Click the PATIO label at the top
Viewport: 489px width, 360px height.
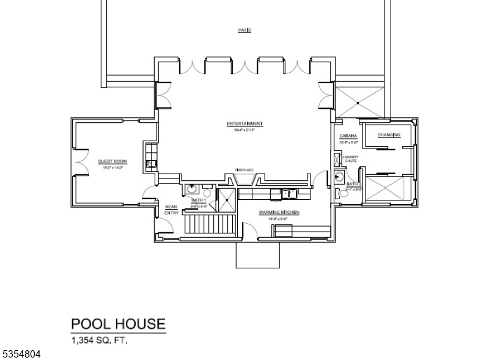244,30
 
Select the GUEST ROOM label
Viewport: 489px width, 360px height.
108,161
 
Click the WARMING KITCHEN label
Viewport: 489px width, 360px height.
278,211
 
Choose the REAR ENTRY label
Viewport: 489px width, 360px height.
171,210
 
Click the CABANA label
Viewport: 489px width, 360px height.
348,136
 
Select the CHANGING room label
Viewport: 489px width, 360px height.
389,135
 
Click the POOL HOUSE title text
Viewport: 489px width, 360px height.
119,323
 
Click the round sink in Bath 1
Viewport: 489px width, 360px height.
191,190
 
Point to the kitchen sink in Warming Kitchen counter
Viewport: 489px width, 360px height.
289,194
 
